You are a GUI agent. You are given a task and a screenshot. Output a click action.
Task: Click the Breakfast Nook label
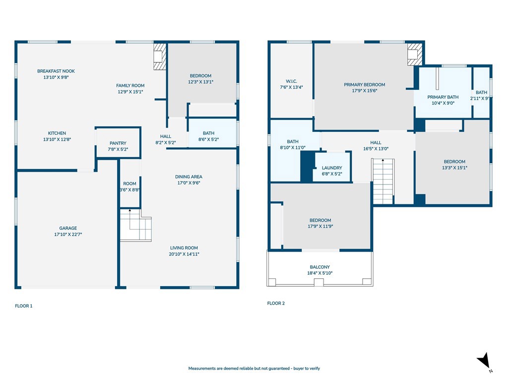tap(56, 71)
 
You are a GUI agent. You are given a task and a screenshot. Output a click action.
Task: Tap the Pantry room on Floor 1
tap(118, 143)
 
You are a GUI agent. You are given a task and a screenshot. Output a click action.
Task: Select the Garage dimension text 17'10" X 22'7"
tap(68, 234)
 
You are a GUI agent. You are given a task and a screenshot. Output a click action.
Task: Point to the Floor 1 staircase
tap(136, 225)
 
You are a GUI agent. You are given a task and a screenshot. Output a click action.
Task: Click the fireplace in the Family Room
tap(160, 57)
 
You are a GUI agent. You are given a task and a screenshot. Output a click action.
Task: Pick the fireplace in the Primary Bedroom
tap(415, 54)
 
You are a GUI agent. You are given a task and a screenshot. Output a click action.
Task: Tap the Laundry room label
tap(332, 168)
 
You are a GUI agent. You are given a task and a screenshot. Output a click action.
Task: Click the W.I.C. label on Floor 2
tap(291, 81)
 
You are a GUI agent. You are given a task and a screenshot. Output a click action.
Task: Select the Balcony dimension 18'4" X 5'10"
tap(320, 273)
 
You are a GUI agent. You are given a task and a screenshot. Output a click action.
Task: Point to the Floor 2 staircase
tap(383, 182)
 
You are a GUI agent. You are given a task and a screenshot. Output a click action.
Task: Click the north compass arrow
tap(484, 360)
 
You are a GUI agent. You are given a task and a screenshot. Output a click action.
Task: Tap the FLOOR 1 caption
tap(24, 306)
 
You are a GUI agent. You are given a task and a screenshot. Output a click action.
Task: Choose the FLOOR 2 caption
tap(276, 303)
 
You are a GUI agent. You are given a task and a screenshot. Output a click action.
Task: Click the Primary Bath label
tap(443, 97)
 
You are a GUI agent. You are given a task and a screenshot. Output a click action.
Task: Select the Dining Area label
tap(189, 177)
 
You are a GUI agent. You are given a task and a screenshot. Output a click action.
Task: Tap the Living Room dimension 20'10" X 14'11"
tap(184, 254)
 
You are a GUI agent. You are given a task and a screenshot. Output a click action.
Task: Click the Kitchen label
tap(57, 133)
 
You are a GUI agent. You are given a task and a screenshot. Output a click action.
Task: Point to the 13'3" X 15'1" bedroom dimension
tap(454, 168)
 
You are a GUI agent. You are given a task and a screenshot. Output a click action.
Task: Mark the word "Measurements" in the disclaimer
tap(202, 369)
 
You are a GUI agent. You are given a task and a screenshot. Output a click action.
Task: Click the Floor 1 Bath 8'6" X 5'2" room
tap(212, 133)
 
